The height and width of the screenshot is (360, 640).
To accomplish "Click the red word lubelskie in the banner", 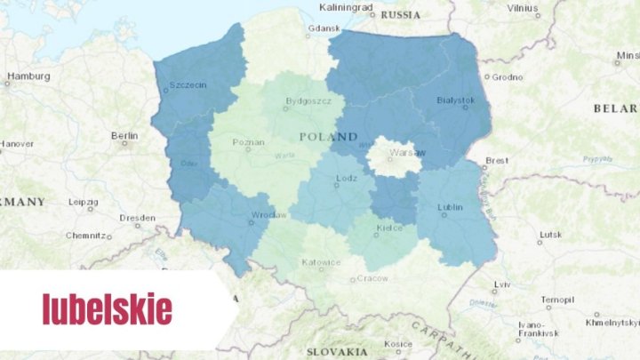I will [x=107, y=309].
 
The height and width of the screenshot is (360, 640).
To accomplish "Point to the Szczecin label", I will [x=187, y=85].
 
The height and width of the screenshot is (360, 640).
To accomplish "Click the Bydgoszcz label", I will [x=308, y=101].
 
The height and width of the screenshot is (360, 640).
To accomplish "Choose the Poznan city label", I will [x=248, y=142].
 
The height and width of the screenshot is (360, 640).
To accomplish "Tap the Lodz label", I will [x=346, y=178].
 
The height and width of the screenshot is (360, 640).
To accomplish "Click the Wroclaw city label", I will [x=268, y=215].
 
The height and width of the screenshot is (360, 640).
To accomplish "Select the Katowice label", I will [x=321, y=262].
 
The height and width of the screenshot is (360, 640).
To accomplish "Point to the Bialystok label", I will [x=456, y=100].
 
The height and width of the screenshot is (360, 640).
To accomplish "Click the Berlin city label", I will [x=124, y=135].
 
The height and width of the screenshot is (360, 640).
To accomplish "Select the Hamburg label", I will [x=28, y=76].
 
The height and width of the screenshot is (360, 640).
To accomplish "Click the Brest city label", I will [x=496, y=161].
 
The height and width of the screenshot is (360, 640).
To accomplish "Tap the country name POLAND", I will [x=328, y=137].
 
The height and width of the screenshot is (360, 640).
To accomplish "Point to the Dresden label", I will [x=137, y=218].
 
